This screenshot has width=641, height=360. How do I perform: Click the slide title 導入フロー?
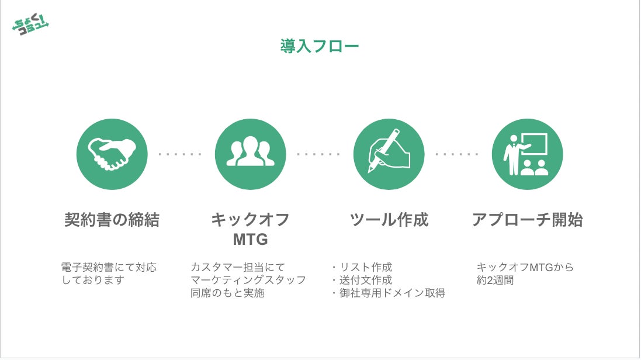(x=320, y=46)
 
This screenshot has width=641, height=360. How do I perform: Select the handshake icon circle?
(x=112, y=154)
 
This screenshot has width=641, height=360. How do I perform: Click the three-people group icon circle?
(x=251, y=154)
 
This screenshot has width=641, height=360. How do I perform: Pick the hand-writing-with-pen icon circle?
(x=389, y=154)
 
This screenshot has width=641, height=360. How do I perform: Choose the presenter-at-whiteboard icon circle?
(x=527, y=154)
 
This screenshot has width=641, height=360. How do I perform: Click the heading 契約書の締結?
(x=112, y=220)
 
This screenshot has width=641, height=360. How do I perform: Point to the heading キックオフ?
(x=251, y=220)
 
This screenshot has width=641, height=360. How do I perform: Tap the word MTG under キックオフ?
(x=251, y=240)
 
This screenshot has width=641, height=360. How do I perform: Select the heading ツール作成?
(x=389, y=220)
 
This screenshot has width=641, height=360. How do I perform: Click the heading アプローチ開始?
(x=527, y=220)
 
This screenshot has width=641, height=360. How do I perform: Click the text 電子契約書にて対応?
(x=109, y=267)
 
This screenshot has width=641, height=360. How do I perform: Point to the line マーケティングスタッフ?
(x=248, y=280)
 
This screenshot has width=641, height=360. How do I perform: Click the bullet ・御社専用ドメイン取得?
(x=388, y=293)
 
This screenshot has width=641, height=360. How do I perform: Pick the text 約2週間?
(x=496, y=280)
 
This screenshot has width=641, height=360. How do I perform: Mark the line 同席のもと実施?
(x=227, y=293)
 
